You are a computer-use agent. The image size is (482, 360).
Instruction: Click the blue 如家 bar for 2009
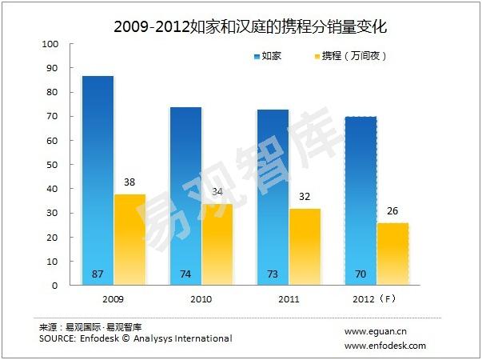click(98, 180)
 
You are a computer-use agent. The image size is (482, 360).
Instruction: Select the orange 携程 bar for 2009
click(129, 239)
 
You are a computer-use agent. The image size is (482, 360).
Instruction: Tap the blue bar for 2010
click(185, 196)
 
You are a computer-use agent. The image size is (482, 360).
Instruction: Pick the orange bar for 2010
click(217, 244)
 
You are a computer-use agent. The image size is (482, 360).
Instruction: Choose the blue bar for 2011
click(273, 197)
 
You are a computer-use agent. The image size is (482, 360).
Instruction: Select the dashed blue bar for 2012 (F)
click(360, 201)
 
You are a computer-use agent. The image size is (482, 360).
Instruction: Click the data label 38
click(129, 182)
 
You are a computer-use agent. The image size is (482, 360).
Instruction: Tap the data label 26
click(392, 210)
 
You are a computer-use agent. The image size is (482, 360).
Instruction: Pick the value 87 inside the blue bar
click(98, 274)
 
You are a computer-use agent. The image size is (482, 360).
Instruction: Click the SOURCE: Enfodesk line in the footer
click(135, 338)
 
